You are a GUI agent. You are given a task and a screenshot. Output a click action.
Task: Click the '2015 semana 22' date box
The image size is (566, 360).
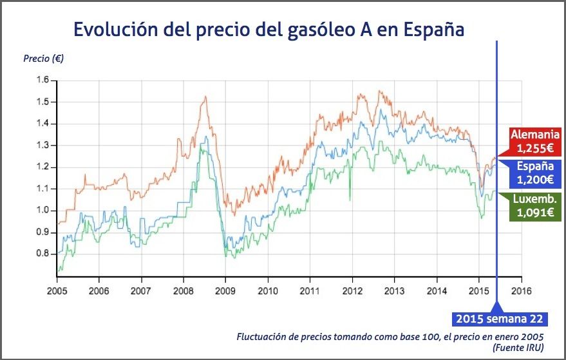pos(500,319)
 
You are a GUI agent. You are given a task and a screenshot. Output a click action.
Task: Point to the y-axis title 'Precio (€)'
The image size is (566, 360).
pos(43,59)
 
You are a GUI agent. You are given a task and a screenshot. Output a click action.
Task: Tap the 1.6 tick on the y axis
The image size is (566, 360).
pos(42,80)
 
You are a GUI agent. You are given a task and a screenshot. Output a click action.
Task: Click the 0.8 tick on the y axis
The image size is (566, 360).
pos(42,254)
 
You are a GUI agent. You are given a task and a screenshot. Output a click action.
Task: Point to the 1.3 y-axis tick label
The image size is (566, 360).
pos(42,146)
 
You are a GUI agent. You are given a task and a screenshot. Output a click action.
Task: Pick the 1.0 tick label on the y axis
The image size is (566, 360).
pos(42,211)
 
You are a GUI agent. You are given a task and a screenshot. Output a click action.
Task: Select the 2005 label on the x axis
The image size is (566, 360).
pos(57,290)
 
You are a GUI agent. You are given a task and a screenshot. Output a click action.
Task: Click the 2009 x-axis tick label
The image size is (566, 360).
pos(225,290)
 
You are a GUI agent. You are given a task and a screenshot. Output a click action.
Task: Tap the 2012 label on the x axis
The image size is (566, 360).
pos(352,290)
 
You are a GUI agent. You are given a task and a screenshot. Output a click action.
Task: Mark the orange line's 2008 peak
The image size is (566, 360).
pos(205,97)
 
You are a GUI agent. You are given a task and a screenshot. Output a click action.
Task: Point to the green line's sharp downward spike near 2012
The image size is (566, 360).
pos(350,200)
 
